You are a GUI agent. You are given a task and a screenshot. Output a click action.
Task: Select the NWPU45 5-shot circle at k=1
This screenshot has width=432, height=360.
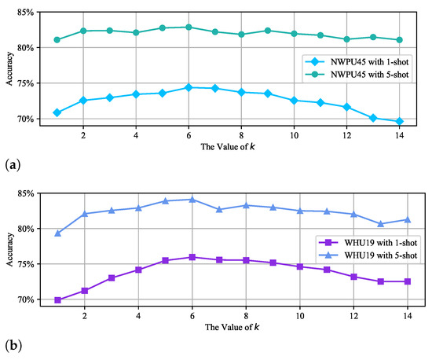57,39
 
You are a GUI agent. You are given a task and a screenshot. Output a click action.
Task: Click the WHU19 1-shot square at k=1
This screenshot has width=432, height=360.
57,300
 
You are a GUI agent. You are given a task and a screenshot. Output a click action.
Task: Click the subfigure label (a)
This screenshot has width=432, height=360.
13,163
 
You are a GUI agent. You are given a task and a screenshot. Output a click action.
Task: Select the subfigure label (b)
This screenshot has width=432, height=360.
13,344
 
